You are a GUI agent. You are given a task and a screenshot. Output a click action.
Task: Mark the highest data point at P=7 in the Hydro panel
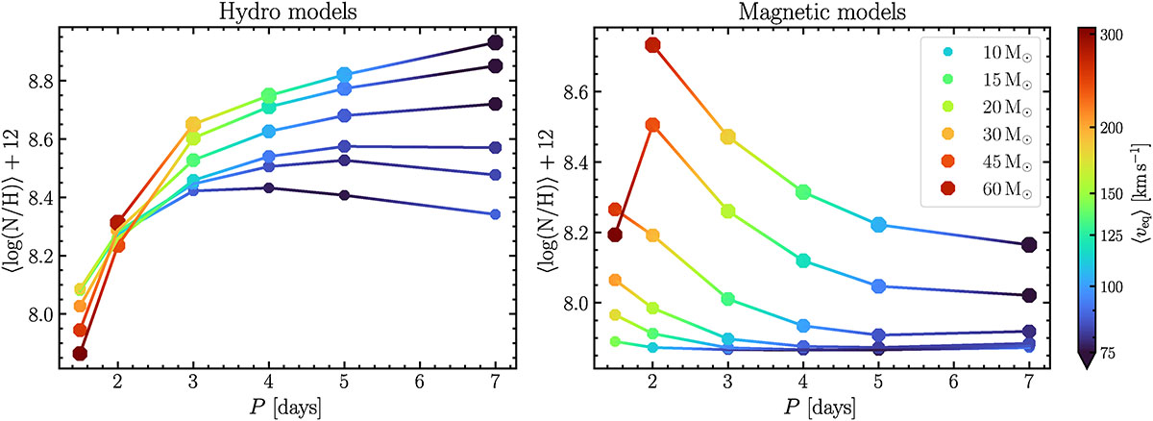pos(496,42)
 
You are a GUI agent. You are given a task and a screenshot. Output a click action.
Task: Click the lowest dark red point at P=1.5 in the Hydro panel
pos(80,354)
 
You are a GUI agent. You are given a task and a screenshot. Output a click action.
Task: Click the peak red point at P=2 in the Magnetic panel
pos(653,45)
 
